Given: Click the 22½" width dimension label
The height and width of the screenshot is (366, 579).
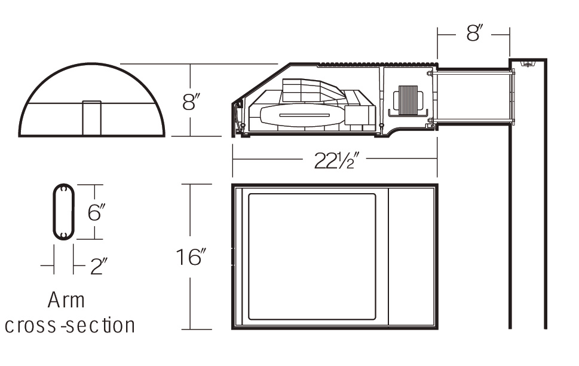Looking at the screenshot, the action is pyautogui.click(x=336, y=160).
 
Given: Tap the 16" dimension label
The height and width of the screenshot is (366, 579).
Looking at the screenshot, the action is pyautogui.click(x=191, y=257).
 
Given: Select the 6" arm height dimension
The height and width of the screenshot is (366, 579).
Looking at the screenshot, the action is pyautogui.click(x=96, y=212).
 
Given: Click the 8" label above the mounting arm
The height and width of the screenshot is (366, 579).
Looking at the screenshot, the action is pyautogui.click(x=474, y=33).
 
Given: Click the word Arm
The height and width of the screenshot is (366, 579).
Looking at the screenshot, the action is pyautogui.click(x=66, y=300).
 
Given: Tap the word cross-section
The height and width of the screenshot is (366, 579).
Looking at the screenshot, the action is pyautogui.click(x=70, y=325).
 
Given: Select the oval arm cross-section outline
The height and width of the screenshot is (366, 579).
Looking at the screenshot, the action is pyautogui.click(x=54, y=212).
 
